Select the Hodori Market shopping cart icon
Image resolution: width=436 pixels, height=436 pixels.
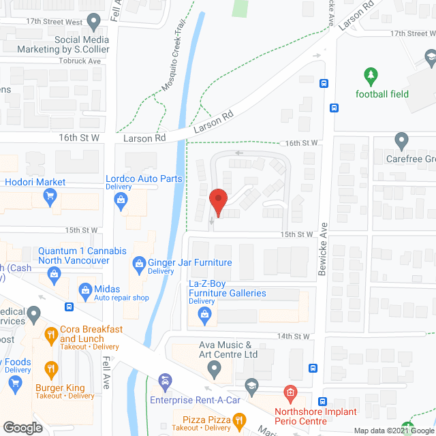click(x=49, y=198)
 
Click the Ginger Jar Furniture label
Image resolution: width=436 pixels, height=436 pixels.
click(x=191, y=263)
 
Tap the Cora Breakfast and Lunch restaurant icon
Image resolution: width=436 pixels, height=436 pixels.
click(x=50, y=334)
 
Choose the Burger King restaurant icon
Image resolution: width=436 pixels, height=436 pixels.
click(x=50, y=370)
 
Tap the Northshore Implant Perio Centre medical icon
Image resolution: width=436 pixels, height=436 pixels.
click(x=290, y=393)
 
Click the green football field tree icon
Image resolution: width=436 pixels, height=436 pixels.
click(x=371, y=74)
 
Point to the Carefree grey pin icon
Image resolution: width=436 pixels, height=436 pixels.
click(x=401, y=141)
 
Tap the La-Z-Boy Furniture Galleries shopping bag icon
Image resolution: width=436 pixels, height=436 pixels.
click(x=203, y=314)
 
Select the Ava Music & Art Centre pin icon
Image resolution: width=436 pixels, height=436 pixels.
click(x=215, y=371)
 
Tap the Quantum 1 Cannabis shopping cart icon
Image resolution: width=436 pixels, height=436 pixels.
click(x=53, y=274)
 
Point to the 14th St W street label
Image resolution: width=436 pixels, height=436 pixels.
click(x=294, y=337)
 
